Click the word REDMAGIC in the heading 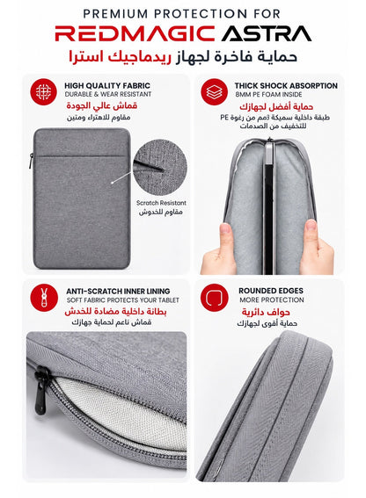[135, 33]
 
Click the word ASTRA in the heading [267, 33]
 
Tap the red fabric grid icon [44, 92]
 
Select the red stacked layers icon [214, 92]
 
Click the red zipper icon [44, 298]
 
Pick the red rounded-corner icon [214, 298]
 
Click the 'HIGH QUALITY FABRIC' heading [107, 86]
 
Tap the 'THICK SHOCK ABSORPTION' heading [286, 86]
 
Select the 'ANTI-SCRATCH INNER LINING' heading [118, 291]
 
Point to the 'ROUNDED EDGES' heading [271, 291]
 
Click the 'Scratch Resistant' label [161, 203]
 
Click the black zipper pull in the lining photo [40, 390]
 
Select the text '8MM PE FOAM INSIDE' [268, 94]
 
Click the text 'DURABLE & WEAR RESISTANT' [108, 94]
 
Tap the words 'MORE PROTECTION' [272, 300]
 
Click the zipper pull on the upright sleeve [32, 162]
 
